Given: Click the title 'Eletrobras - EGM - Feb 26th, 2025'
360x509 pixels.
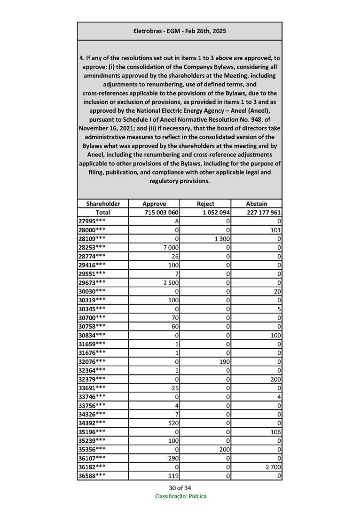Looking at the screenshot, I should point(180,31).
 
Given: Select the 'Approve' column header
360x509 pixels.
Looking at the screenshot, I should point(154,204).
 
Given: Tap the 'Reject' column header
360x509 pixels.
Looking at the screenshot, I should point(205,204).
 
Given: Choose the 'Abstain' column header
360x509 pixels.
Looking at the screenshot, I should point(257,204).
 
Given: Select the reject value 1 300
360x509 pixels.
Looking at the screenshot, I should point(221,239).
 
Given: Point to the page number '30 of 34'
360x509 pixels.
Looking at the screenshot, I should point(180,487).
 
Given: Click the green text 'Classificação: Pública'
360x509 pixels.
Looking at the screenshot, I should point(180,496).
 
